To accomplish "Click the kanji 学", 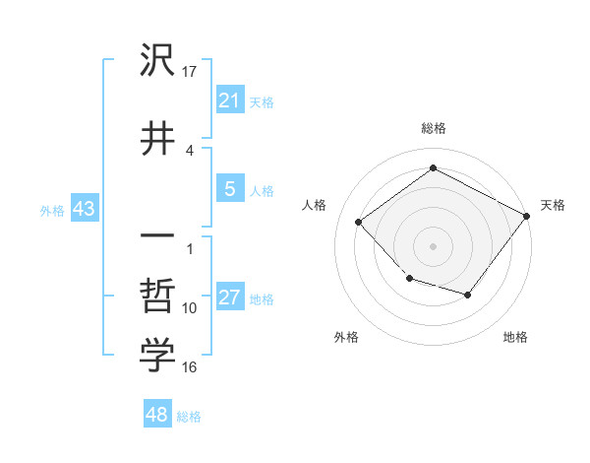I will coord(157,357).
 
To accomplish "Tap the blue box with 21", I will coord(229,100).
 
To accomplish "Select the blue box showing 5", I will coord(229,189).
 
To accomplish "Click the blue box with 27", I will coord(229,298).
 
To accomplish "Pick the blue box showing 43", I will coord(83,209).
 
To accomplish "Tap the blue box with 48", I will coord(157,415).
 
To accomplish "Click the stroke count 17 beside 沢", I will coord(191,72).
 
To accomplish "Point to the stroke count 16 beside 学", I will coord(190,367).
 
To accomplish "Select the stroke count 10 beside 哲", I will coord(190,308).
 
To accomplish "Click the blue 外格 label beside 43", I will coord(51,210).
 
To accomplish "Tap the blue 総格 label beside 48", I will coord(189,417).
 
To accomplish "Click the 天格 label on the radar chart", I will coord(553,205).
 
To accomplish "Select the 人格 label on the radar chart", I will coord(315,205).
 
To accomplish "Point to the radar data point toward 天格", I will coord(527,217).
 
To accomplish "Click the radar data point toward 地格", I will coord(468,295).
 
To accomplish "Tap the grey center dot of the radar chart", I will coord(433,245).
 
